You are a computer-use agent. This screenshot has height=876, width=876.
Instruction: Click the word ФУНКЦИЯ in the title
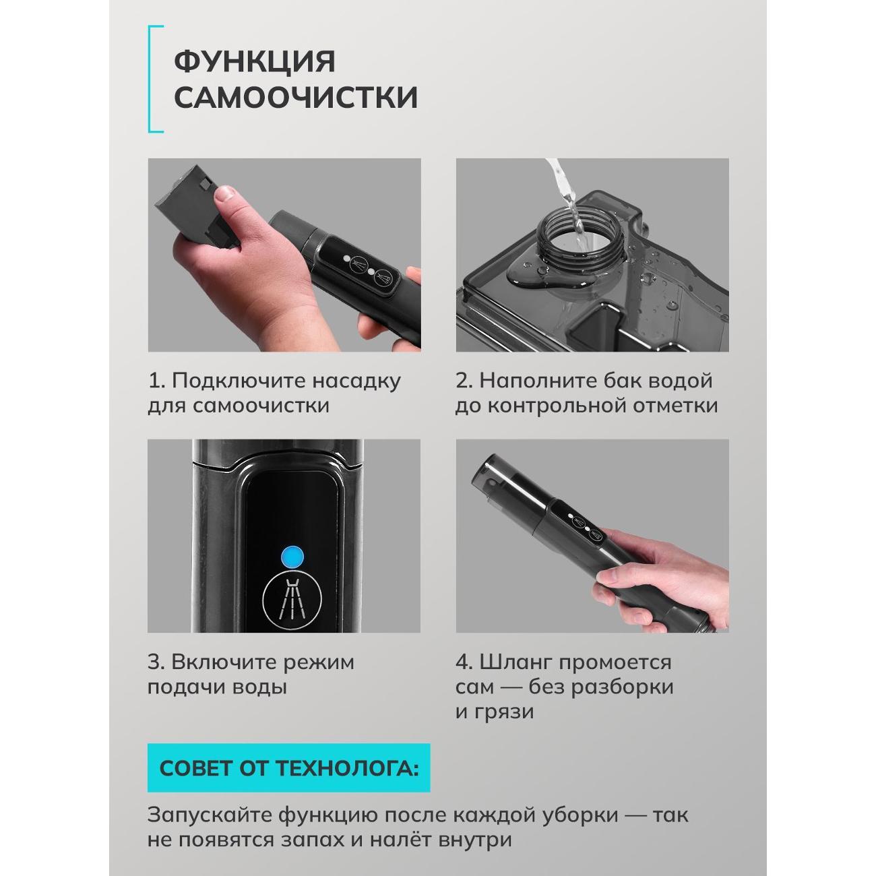click(255, 62)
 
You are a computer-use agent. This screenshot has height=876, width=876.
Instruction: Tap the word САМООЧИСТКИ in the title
click(296, 98)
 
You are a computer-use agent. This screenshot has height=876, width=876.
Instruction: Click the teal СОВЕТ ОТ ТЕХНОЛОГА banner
click(288, 768)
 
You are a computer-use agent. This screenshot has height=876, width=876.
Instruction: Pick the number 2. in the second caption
click(464, 381)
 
